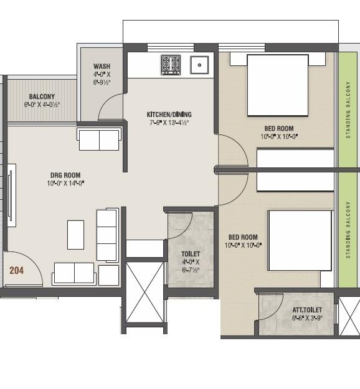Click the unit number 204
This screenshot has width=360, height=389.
tap(16, 271)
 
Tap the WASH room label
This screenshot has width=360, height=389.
tap(102, 67)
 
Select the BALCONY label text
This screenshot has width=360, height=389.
tap(42, 97)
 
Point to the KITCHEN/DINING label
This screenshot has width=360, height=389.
tap(169, 115)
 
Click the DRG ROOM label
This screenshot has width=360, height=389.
tap(65, 175)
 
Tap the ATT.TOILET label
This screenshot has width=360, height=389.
tap(306, 309)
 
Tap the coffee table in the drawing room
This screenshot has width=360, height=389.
tap(76, 235)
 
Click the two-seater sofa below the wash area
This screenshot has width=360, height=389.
tap(98, 139)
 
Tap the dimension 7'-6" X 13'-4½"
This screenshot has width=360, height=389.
tap(168, 123)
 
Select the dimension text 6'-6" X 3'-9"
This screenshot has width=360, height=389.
tap(306, 317)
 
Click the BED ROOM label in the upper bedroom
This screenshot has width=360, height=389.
tap(277, 128)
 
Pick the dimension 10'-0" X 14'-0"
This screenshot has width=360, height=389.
tap(65, 183)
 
